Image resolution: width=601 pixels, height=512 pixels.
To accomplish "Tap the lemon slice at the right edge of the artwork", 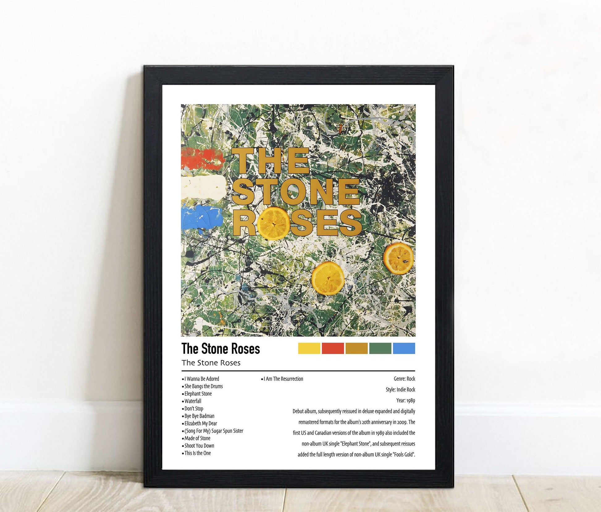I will click(398, 258).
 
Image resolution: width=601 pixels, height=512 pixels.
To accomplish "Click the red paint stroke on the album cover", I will click(202, 157).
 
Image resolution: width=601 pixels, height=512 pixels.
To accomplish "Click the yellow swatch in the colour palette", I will click(309, 348).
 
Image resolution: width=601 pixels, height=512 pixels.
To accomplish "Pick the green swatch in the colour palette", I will click(380, 348).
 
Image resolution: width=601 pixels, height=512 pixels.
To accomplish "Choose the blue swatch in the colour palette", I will click(404, 348).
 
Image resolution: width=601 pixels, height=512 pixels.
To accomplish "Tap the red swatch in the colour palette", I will click(333, 348).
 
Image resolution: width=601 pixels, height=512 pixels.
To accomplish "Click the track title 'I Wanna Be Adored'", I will click(202, 379).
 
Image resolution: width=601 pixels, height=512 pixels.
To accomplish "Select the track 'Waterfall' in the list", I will click(193, 401).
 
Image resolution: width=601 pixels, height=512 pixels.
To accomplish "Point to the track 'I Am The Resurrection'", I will click(283, 379).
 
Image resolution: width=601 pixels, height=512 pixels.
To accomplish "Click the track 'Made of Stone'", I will click(197, 438).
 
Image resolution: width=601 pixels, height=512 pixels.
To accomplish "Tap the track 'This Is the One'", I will click(198, 453).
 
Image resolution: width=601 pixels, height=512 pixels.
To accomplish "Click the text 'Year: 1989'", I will click(406, 400).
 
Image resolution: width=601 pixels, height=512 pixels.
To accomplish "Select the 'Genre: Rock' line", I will click(404, 379).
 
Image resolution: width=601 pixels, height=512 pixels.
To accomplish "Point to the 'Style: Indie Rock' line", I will click(400, 390).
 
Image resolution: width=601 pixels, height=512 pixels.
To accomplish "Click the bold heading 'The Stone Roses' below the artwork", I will click(221, 349).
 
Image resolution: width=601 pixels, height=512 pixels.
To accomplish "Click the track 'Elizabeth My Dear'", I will click(201, 423).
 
